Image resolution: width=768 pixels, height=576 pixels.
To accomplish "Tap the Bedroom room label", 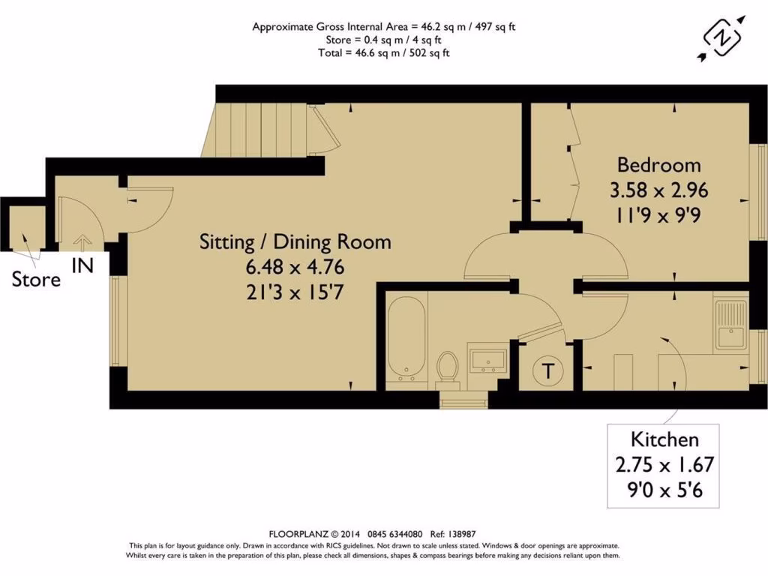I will point(658,165).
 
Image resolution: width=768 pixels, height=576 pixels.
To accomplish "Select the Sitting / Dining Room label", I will point(295,242).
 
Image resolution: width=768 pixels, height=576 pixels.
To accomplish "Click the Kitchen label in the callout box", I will point(664,439).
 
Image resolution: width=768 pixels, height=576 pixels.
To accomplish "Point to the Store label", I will point(36,280).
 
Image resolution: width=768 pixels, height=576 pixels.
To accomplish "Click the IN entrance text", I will point(82,265).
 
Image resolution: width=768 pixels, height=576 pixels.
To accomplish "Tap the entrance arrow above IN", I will point(82,242).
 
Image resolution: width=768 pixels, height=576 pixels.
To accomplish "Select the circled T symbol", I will point(548,370).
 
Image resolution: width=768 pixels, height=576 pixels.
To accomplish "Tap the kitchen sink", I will point(729,324).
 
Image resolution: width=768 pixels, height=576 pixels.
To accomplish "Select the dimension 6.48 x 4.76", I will point(295,266).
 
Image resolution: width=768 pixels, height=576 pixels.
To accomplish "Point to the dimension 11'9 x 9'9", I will point(658,213).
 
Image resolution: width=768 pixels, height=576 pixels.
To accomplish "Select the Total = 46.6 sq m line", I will point(383,52).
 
